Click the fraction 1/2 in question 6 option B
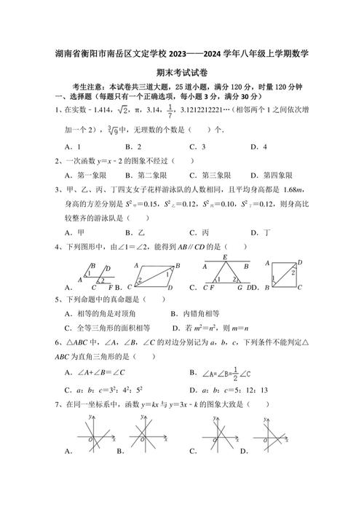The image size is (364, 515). (234, 373)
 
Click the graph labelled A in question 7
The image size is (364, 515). (98, 437)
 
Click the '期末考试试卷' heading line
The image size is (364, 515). (181, 73)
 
